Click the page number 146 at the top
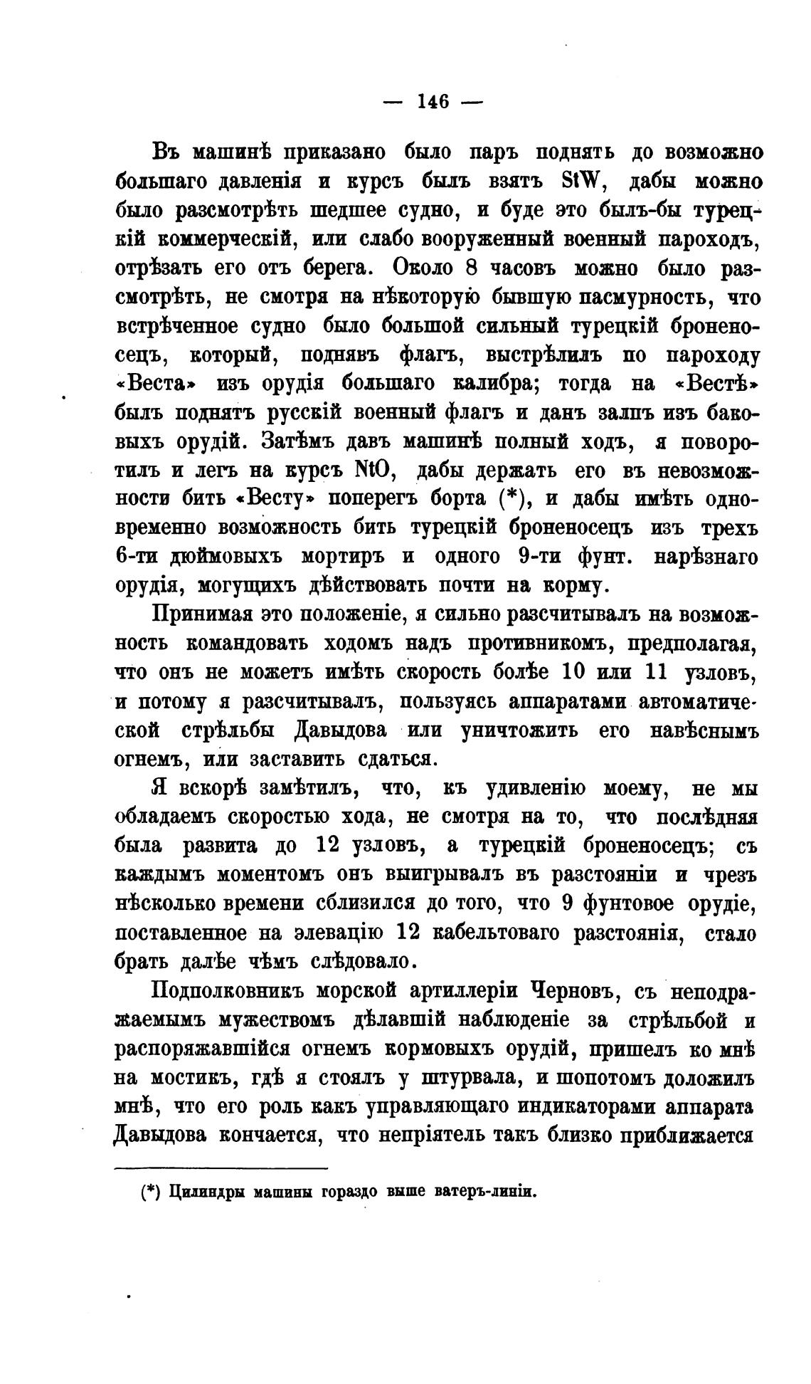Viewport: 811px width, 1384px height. point(433,102)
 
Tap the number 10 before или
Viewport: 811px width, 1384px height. point(574,672)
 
